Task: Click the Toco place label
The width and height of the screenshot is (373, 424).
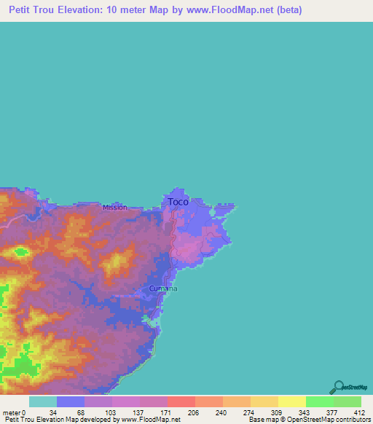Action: [x=178, y=201]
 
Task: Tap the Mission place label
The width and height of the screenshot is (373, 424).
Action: [x=114, y=207]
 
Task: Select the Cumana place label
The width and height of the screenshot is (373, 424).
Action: [x=162, y=288]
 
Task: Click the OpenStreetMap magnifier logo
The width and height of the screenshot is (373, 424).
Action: [x=338, y=387]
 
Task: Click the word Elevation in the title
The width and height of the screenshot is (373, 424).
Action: [x=90, y=10]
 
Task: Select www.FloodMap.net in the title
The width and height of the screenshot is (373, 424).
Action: [x=223, y=10]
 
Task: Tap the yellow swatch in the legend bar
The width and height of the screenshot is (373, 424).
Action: [x=291, y=401]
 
